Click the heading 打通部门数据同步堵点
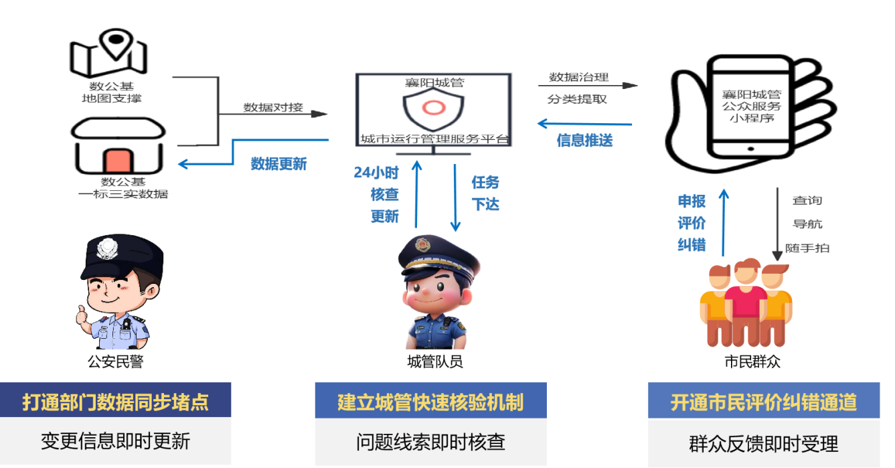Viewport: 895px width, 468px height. [115, 402]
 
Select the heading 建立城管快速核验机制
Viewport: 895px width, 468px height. [430, 402]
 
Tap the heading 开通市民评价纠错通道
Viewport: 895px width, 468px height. [763, 402]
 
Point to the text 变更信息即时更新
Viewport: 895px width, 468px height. [115, 441]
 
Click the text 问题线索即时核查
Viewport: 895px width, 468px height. [430, 442]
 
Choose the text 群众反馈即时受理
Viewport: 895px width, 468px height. [763, 443]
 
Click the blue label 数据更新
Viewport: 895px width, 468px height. [278, 164]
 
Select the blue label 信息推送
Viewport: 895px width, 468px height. [584, 141]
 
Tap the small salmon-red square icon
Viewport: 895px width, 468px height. [118, 162]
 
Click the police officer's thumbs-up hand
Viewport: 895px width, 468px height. [83, 314]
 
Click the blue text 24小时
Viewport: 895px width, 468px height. [376, 173]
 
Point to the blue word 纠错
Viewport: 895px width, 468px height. [691, 246]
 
